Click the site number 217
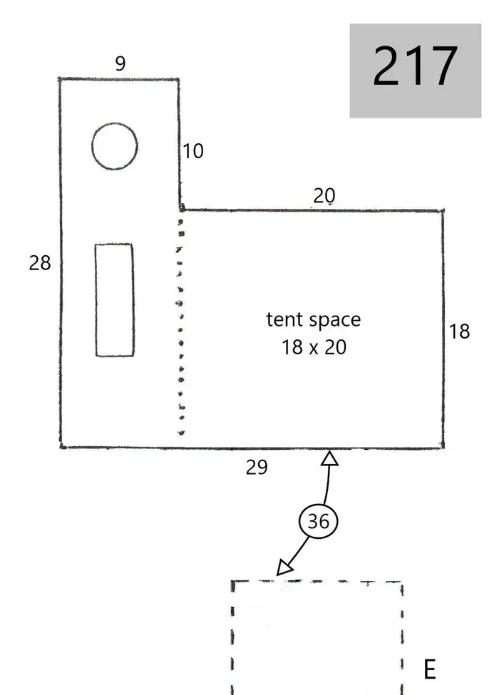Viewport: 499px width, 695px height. (415, 66)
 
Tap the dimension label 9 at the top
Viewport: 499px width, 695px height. (120, 63)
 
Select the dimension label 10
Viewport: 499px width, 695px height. (192, 151)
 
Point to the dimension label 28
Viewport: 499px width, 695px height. (40, 263)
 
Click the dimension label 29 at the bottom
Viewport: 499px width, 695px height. (257, 467)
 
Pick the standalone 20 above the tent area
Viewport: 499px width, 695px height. (324, 195)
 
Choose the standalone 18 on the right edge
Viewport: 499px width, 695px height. (459, 331)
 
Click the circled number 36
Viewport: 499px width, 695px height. (318, 521)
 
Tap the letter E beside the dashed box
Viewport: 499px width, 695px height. (429, 669)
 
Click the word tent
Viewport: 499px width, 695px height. (284, 319)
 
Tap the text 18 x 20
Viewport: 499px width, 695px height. (314, 347)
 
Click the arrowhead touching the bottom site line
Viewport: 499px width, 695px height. (329, 458)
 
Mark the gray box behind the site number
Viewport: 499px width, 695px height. (416, 71)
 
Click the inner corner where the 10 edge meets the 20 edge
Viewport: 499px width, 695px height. (181, 209)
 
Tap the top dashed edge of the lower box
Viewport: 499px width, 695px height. (317, 581)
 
